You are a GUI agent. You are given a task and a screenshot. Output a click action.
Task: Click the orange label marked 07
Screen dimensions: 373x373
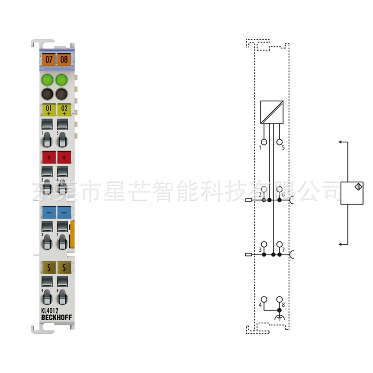[x=48, y=60]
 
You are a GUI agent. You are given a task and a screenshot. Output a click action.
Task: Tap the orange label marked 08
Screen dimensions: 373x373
[x=64, y=60]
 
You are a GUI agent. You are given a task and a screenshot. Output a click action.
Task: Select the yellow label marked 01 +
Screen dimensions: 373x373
[x=48, y=110]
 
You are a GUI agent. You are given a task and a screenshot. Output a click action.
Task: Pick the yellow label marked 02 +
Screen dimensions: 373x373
[x=64, y=110]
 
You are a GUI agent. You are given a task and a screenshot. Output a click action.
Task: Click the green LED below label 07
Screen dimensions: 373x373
[x=48, y=80]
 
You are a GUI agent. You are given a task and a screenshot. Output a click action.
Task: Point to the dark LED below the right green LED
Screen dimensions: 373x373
[x=62, y=94]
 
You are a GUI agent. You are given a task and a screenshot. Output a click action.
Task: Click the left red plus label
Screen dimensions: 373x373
[x=48, y=157]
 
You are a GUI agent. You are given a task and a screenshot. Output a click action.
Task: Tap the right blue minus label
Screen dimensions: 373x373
[x=64, y=212]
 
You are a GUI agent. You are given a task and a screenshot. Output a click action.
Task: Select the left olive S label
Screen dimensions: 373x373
[x=48, y=267]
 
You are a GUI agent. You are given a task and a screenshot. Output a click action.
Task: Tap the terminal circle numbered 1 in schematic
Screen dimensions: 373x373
[x=264, y=142]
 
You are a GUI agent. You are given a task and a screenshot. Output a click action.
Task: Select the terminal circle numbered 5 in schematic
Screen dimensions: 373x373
[x=279, y=142]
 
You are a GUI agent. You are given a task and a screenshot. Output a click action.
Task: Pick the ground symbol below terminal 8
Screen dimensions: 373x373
[x=279, y=318]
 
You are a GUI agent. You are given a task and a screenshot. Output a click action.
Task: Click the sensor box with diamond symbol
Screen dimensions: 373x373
[x=352, y=193]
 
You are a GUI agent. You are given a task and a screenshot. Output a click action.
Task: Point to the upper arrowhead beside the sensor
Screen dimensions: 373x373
[x=341, y=141]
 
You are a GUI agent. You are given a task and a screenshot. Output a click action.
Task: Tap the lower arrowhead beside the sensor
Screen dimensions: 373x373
[x=341, y=244]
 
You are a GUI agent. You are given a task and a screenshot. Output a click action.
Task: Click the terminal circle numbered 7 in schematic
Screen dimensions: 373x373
[x=279, y=244]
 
